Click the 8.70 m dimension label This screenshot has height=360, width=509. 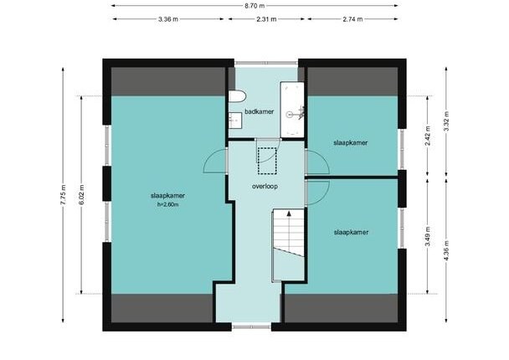pyautogui.click(x=254, y=6)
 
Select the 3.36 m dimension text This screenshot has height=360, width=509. pyautogui.click(x=168, y=19)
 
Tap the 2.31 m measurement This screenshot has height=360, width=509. pyautogui.click(x=266, y=19)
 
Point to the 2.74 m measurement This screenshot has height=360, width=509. pyautogui.click(x=352, y=19)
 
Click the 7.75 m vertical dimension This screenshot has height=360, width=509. pyautogui.click(x=63, y=194)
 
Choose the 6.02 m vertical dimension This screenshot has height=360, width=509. pyautogui.click(x=81, y=194)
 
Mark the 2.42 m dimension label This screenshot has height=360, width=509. pyautogui.click(x=428, y=136)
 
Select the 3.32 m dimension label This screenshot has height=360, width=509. pyautogui.click(x=446, y=121)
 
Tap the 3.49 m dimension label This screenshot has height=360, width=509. pyautogui.click(x=428, y=236)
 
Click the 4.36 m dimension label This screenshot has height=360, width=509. pyautogui.click(x=446, y=250)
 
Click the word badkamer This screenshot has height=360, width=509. pyautogui.click(x=260, y=111)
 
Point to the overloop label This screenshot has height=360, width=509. pyautogui.click(x=265, y=187)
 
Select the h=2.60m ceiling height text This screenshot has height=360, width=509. pyautogui.click(x=167, y=205)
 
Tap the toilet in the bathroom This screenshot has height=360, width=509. pyautogui.click(x=237, y=97)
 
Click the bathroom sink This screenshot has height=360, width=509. pyautogui.click(x=235, y=121)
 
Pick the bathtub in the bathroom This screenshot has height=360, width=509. pyautogui.click(x=292, y=110)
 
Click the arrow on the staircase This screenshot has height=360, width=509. pyautogui.click(x=289, y=213)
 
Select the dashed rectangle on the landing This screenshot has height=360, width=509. pyautogui.click(x=267, y=161)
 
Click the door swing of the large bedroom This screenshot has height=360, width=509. pyautogui.click(x=215, y=161)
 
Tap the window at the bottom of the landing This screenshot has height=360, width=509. pyautogui.click(x=252, y=327)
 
